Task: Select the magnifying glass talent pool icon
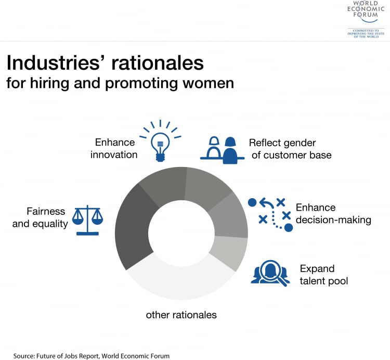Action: pyautogui.click(x=270, y=273)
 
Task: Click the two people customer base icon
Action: pyautogui.click(x=223, y=150)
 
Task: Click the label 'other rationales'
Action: pyautogui.click(x=181, y=315)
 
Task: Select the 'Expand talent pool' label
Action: pyautogui.click(x=324, y=275)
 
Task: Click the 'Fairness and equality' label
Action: pyautogui.click(x=40, y=217)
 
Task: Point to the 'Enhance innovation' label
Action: pyautogui.click(x=114, y=149)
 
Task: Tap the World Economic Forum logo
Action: pyautogui.click(x=366, y=19)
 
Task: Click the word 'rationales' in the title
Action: pyautogui.click(x=158, y=63)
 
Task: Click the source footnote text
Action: pyautogui.click(x=92, y=356)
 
